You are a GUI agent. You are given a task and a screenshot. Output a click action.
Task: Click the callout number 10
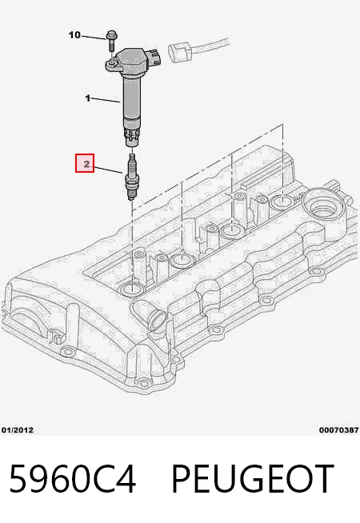pos(74,34)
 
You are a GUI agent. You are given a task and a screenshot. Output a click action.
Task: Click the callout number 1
pos(88,98)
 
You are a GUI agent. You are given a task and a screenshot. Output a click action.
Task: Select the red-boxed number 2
pos(85,163)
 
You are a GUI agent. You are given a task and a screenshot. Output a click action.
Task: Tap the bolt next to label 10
pos(111,41)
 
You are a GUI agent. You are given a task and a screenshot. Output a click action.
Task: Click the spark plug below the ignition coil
pos(131,177)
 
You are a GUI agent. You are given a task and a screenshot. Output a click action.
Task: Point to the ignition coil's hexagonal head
pos(133,61)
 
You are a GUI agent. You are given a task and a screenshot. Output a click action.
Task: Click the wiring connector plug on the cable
pos(179,53)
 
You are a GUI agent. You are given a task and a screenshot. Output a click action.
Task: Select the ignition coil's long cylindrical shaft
pos(131,97)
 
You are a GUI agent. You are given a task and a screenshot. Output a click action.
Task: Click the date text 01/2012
pos(18,430)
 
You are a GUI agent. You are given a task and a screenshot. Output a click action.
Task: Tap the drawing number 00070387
pos(338,430)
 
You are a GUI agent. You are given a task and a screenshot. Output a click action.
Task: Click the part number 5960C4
pos(73,479)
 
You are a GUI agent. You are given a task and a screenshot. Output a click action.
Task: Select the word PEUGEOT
pos(253,479)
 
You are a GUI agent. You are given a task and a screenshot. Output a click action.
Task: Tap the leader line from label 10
pos(94,37)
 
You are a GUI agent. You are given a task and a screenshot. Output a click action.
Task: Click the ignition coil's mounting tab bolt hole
pos(111,62)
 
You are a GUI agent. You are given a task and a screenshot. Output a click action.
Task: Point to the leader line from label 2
pos(108,169)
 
